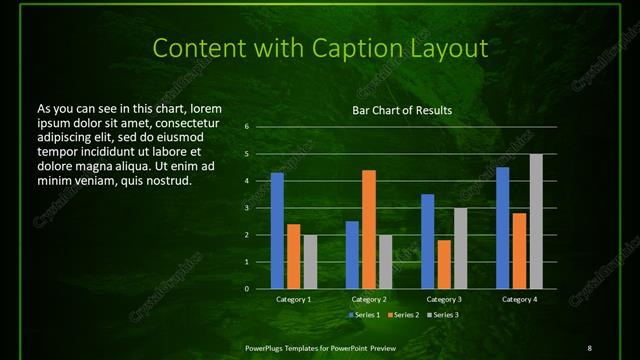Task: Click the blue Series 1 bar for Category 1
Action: [x=277, y=231]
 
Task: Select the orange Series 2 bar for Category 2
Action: [x=369, y=229]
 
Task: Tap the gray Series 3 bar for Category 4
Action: [x=536, y=221]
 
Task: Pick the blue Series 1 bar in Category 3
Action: [x=428, y=241]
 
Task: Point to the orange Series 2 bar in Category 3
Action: [x=444, y=264]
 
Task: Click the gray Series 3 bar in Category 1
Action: [x=310, y=262]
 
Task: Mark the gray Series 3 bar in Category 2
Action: [x=386, y=262]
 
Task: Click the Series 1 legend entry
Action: [x=364, y=315]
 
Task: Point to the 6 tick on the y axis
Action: [x=246, y=127]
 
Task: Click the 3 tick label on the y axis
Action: [x=246, y=208]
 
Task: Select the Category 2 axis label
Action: [x=369, y=299]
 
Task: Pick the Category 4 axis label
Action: [x=519, y=299]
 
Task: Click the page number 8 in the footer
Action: [x=589, y=347]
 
